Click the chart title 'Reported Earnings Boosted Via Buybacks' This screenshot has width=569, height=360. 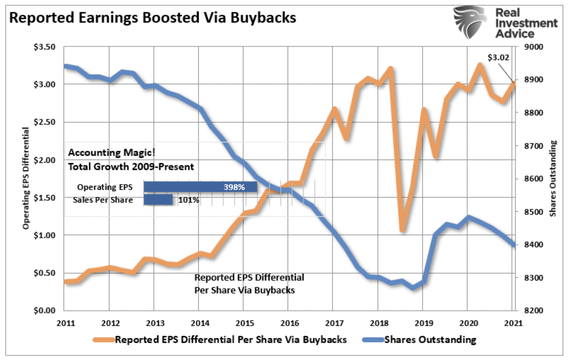coord(153,18)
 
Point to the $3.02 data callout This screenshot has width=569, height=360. coord(498,57)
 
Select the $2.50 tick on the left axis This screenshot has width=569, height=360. coord(44,122)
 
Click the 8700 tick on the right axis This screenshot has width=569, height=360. coord(534,146)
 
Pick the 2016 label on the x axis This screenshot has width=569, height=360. coord(290,324)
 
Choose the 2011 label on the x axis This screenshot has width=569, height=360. coord(66,324)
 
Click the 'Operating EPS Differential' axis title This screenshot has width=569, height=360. coord(26,178)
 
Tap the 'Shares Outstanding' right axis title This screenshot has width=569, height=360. coord(553,178)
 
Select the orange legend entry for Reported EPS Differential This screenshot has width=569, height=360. coord(220,340)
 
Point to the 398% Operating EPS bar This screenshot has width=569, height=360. coord(200,187)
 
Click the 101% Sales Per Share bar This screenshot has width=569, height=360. coord(158,200)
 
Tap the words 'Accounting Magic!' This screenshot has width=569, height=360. coord(112,152)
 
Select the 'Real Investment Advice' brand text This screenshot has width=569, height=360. coord(526,23)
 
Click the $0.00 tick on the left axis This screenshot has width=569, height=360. coord(44,311)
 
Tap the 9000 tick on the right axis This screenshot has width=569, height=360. coord(534,47)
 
